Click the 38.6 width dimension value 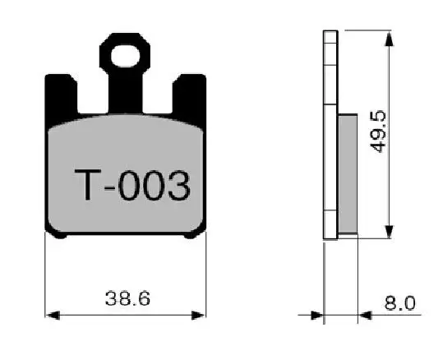[127, 298]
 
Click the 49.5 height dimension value [378, 132]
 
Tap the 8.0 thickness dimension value [400, 303]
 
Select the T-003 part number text [132, 185]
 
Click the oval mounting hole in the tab [125, 56]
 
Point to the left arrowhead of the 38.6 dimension [53, 315]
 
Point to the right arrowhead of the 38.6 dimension [198, 315]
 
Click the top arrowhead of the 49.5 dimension [390, 39]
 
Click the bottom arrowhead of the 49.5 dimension [390, 232]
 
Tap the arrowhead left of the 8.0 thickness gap [317, 315]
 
